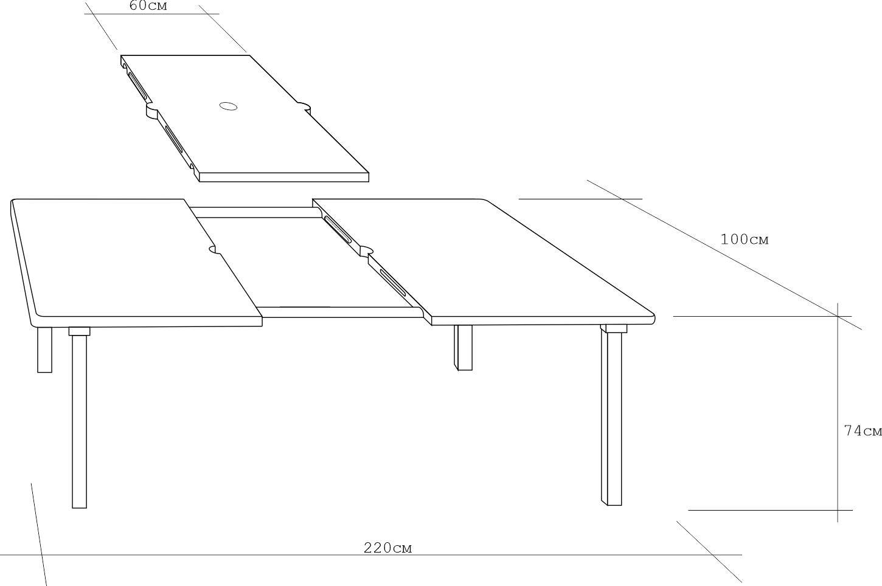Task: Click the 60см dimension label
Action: click(148, 5)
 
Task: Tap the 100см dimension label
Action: click(744, 240)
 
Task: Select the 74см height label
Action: click(863, 431)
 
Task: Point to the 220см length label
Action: click(388, 548)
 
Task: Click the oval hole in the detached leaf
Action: click(228, 106)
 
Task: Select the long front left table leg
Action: click(79, 421)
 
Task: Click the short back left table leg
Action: click(44, 350)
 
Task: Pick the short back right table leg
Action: click(463, 348)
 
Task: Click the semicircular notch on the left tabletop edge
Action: click(214, 249)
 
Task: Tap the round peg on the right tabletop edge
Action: click(367, 250)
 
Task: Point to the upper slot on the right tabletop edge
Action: click(338, 230)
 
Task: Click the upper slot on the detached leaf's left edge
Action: click(137, 85)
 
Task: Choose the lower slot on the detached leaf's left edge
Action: click(173, 139)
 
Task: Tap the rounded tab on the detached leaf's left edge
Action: click(152, 111)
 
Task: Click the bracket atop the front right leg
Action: click(614, 329)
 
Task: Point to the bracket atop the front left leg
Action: click(79, 331)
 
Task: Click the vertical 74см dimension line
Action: click(838, 412)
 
